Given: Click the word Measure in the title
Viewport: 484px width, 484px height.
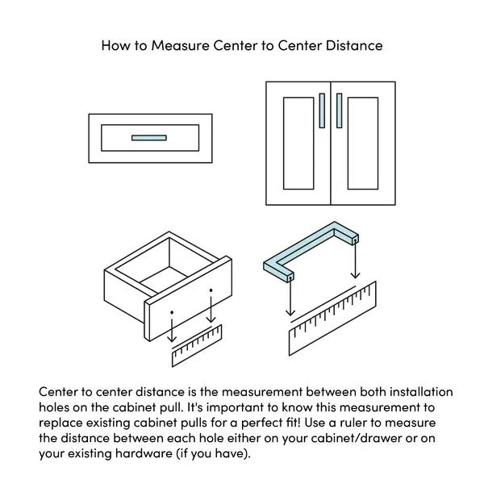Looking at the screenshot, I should click(x=179, y=45).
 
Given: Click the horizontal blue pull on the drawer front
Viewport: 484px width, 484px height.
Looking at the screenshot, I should click(x=148, y=138).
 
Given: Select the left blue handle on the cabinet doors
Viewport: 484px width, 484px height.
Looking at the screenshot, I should click(x=322, y=111).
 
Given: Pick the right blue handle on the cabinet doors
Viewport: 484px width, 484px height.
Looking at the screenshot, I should click(x=340, y=111).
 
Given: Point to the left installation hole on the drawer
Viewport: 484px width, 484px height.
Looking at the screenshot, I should click(x=172, y=311).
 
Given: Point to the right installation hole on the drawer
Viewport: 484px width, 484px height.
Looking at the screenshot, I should click(x=211, y=290).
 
